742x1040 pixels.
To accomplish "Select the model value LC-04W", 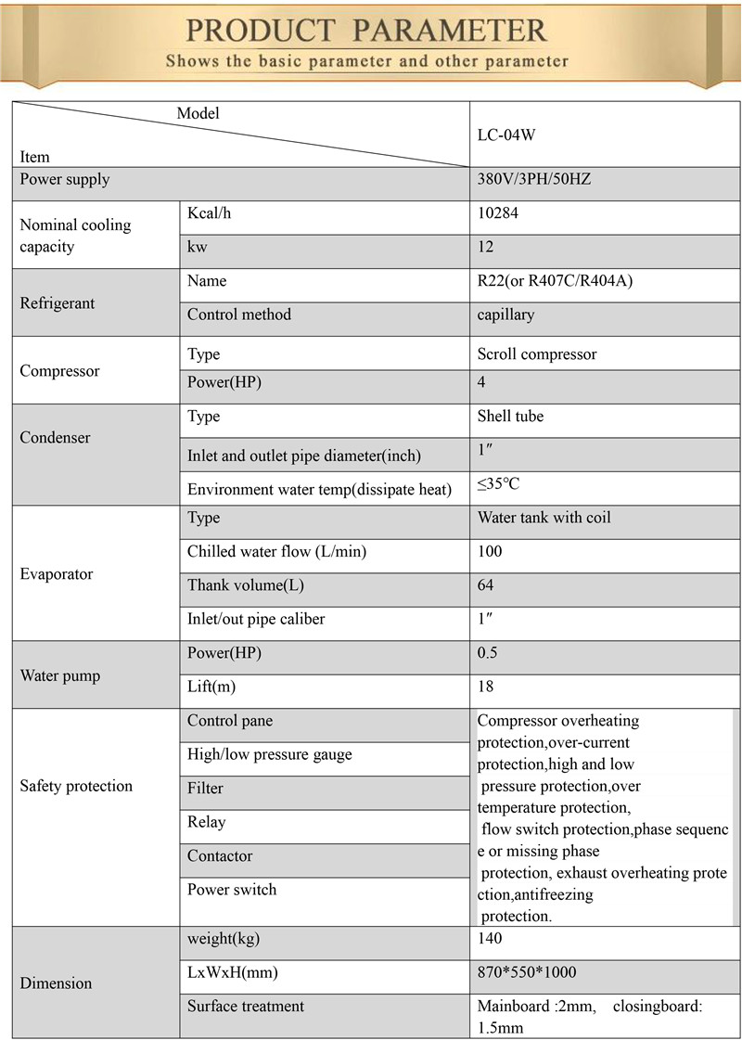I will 506,135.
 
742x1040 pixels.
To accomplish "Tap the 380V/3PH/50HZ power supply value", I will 533,179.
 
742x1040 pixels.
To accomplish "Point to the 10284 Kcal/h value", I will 497,213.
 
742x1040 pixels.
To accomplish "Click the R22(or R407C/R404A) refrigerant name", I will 555,281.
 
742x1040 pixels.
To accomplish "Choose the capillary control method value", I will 505,315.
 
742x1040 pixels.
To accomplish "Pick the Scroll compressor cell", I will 537,354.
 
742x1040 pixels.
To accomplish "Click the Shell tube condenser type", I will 510,417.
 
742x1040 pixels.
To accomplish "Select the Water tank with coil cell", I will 544,518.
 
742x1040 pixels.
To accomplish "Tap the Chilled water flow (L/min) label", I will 276,552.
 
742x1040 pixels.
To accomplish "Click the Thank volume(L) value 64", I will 486,585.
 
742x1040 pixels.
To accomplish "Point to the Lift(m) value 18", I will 486,687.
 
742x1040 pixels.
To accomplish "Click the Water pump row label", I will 59,675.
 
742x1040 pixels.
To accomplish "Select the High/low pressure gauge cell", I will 269,754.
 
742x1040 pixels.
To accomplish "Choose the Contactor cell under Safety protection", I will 219,855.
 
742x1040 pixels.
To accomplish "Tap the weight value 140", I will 490,939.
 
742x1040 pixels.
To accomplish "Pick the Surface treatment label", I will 245,1006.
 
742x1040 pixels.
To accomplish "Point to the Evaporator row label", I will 57,574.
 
